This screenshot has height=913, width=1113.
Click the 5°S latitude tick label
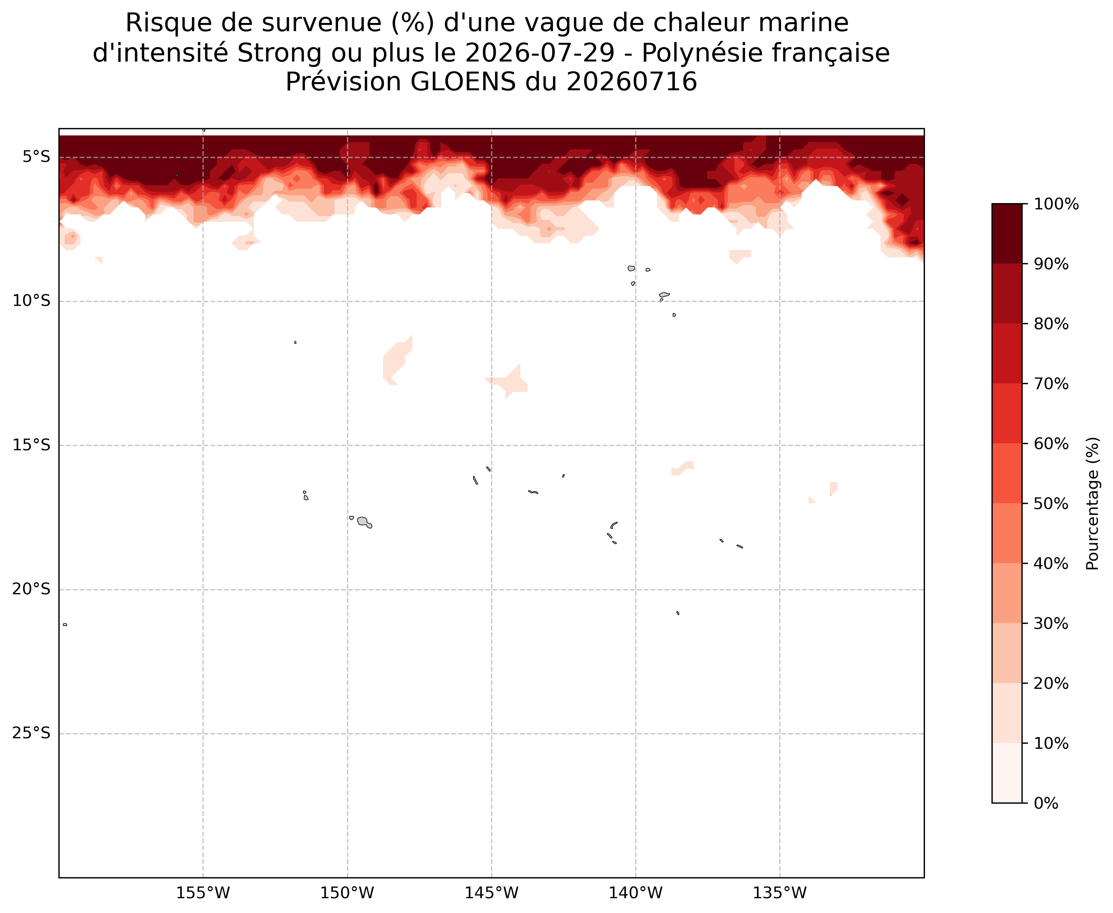[36, 157]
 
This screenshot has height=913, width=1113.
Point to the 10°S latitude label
[32, 301]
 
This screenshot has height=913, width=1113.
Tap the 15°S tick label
[32, 445]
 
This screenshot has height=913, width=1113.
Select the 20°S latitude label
[32, 589]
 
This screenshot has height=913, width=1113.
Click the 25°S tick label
[32, 733]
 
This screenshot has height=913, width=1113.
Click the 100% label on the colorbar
[1056, 204]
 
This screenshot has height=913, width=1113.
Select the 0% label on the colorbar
[1046, 804]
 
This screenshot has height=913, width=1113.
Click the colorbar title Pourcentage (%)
[1093, 503]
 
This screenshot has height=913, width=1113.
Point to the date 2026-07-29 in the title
[540, 53]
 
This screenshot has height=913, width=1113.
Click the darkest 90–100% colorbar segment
[1007, 234]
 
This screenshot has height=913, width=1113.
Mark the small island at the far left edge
[65, 625]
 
